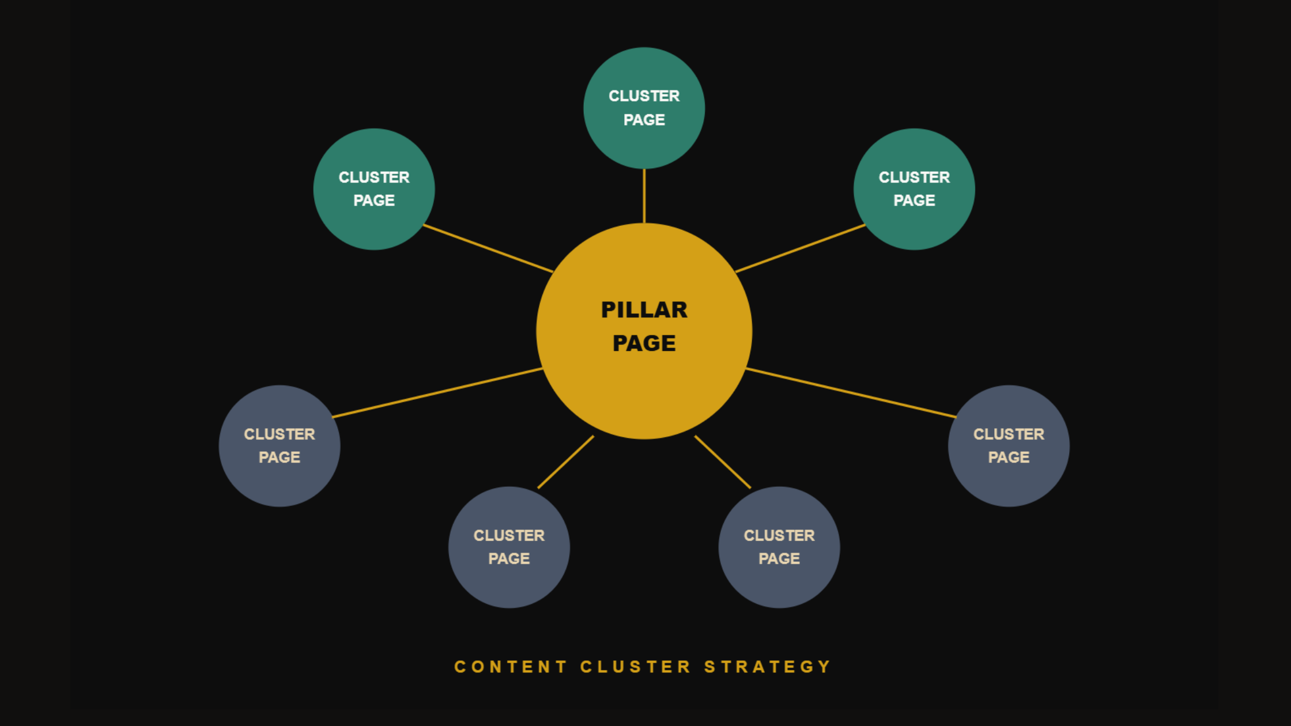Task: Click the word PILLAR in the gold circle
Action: click(644, 310)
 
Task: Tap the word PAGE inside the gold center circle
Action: click(644, 343)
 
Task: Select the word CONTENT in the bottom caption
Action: click(511, 667)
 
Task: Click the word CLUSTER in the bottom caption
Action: click(635, 667)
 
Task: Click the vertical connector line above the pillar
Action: click(644, 196)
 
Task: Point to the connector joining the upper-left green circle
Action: click(488, 248)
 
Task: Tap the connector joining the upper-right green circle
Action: click(800, 248)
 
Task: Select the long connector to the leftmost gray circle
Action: click(437, 392)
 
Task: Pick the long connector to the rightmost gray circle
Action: click(851, 392)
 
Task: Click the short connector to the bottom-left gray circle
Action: click(565, 462)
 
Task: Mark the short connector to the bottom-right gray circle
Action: click(723, 462)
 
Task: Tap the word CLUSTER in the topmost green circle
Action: click(644, 96)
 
